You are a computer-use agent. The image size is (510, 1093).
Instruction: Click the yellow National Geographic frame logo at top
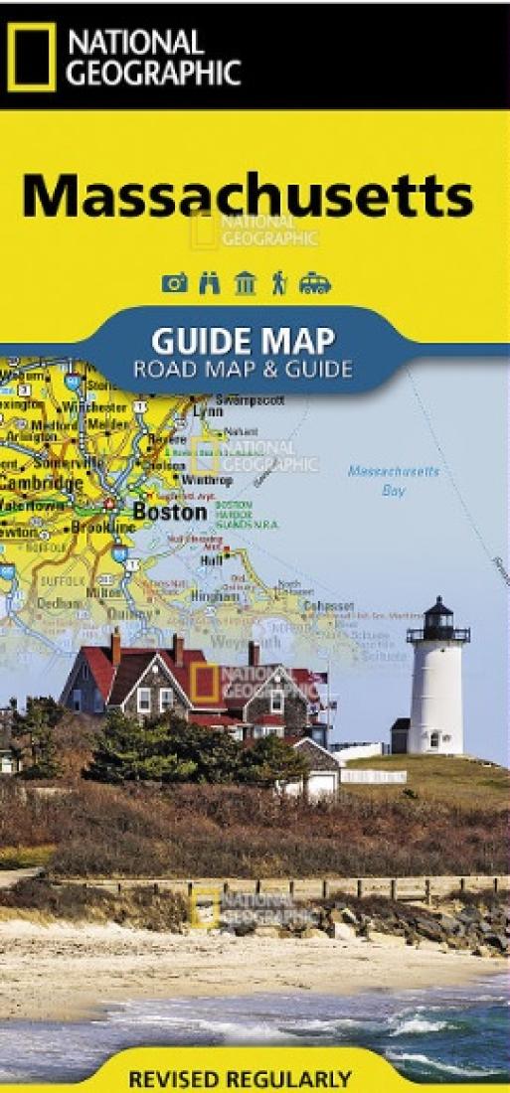pyautogui.click(x=31, y=57)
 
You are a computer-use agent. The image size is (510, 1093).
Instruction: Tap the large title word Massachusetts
pyautogui.click(x=248, y=195)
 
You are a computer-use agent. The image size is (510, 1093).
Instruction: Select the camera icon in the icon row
pyautogui.click(x=174, y=284)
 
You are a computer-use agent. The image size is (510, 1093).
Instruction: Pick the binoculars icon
pyautogui.click(x=210, y=284)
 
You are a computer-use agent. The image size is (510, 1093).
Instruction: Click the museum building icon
pyautogui.click(x=245, y=284)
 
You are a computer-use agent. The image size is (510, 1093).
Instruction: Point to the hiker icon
pyautogui.click(x=279, y=284)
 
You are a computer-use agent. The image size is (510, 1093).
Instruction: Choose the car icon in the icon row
pyautogui.click(x=315, y=284)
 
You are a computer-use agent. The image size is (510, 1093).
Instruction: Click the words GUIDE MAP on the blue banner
pyautogui.click(x=243, y=341)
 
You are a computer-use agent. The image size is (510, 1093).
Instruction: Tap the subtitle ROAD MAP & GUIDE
pyautogui.click(x=244, y=371)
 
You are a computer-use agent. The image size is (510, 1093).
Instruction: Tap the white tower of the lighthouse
pyautogui.click(x=435, y=696)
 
